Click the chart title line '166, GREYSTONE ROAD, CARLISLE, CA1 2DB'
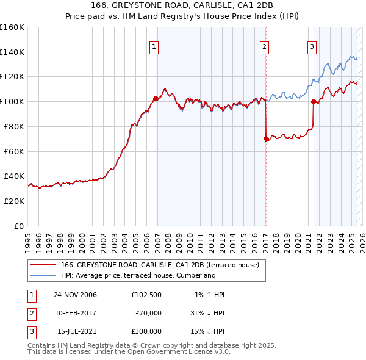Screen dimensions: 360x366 [x=182, y=5]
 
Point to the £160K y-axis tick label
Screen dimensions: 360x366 [x=12, y=27]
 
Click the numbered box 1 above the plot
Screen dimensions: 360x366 [x=154, y=46]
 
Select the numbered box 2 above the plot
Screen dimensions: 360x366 [x=264, y=46]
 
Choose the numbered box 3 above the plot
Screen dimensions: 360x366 [x=312, y=46]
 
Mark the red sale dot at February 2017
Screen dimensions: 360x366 [x=266, y=139]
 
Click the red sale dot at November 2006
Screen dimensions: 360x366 [x=156, y=98]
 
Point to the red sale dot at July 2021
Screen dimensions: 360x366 [x=314, y=101]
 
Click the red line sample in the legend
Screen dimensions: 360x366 [x=43, y=265]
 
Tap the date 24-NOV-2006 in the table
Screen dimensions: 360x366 [x=76, y=295]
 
